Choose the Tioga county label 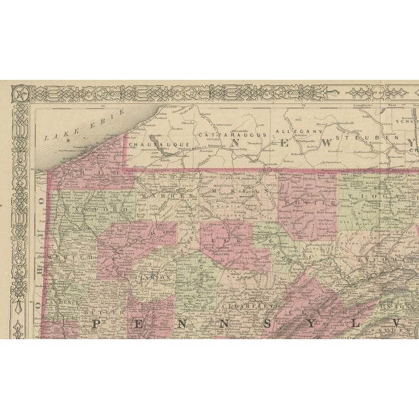pos(378,196)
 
